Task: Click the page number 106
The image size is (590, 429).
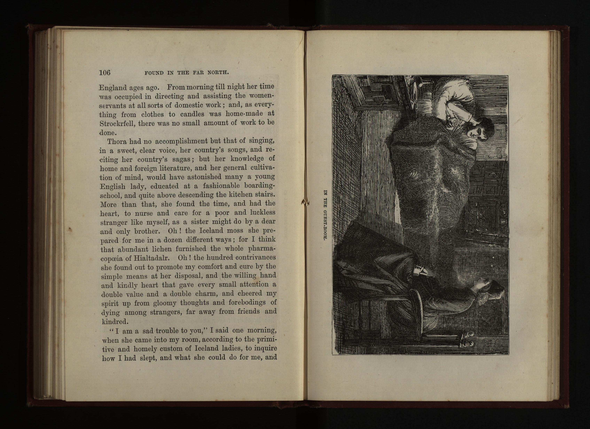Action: pos(105,72)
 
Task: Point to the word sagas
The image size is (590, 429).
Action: pos(182,159)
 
